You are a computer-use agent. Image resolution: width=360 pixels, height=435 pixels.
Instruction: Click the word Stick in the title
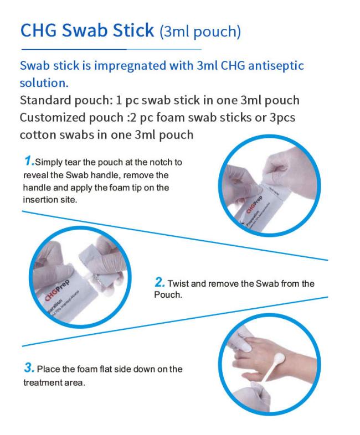[x=133, y=30]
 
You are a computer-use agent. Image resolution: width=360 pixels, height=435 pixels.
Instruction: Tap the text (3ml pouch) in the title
[x=200, y=32]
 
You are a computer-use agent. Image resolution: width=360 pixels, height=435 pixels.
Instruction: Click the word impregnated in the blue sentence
[x=130, y=66]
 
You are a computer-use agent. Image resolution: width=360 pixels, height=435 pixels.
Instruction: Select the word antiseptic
[x=276, y=66]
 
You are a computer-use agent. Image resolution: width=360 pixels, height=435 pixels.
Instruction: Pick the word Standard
[x=45, y=100]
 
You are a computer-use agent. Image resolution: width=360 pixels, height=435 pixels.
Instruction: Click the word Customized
[x=53, y=118]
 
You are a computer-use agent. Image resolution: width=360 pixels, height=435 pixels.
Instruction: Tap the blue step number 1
[x=29, y=160]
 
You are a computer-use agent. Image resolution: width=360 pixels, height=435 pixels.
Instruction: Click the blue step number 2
[x=160, y=282]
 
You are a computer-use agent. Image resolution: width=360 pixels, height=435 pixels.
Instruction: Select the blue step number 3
[x=29, y=368]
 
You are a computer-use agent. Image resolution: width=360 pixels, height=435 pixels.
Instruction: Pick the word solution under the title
[x=44, y=83]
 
